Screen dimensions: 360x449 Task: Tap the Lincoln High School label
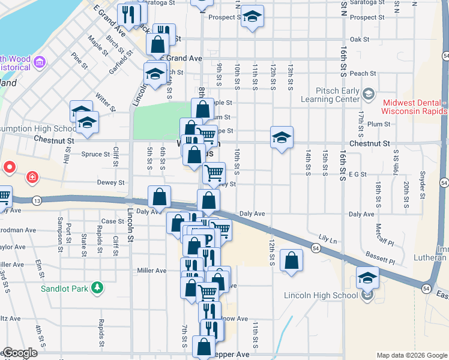pos(321,295)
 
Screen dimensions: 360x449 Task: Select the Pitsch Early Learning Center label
pos(330,95)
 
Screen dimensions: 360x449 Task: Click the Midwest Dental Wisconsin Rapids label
pos(414,107)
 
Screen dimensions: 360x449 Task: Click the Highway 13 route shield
pos(38,200)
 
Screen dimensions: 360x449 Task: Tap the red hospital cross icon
pos(32,178)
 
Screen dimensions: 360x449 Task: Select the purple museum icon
pos(40,62)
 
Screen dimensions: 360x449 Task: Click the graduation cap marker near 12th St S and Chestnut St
pos(282,137)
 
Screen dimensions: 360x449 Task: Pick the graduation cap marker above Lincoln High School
pos(367,278)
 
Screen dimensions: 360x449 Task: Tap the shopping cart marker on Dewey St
pos(214,173)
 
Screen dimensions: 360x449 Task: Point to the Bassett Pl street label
pos(382,261)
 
